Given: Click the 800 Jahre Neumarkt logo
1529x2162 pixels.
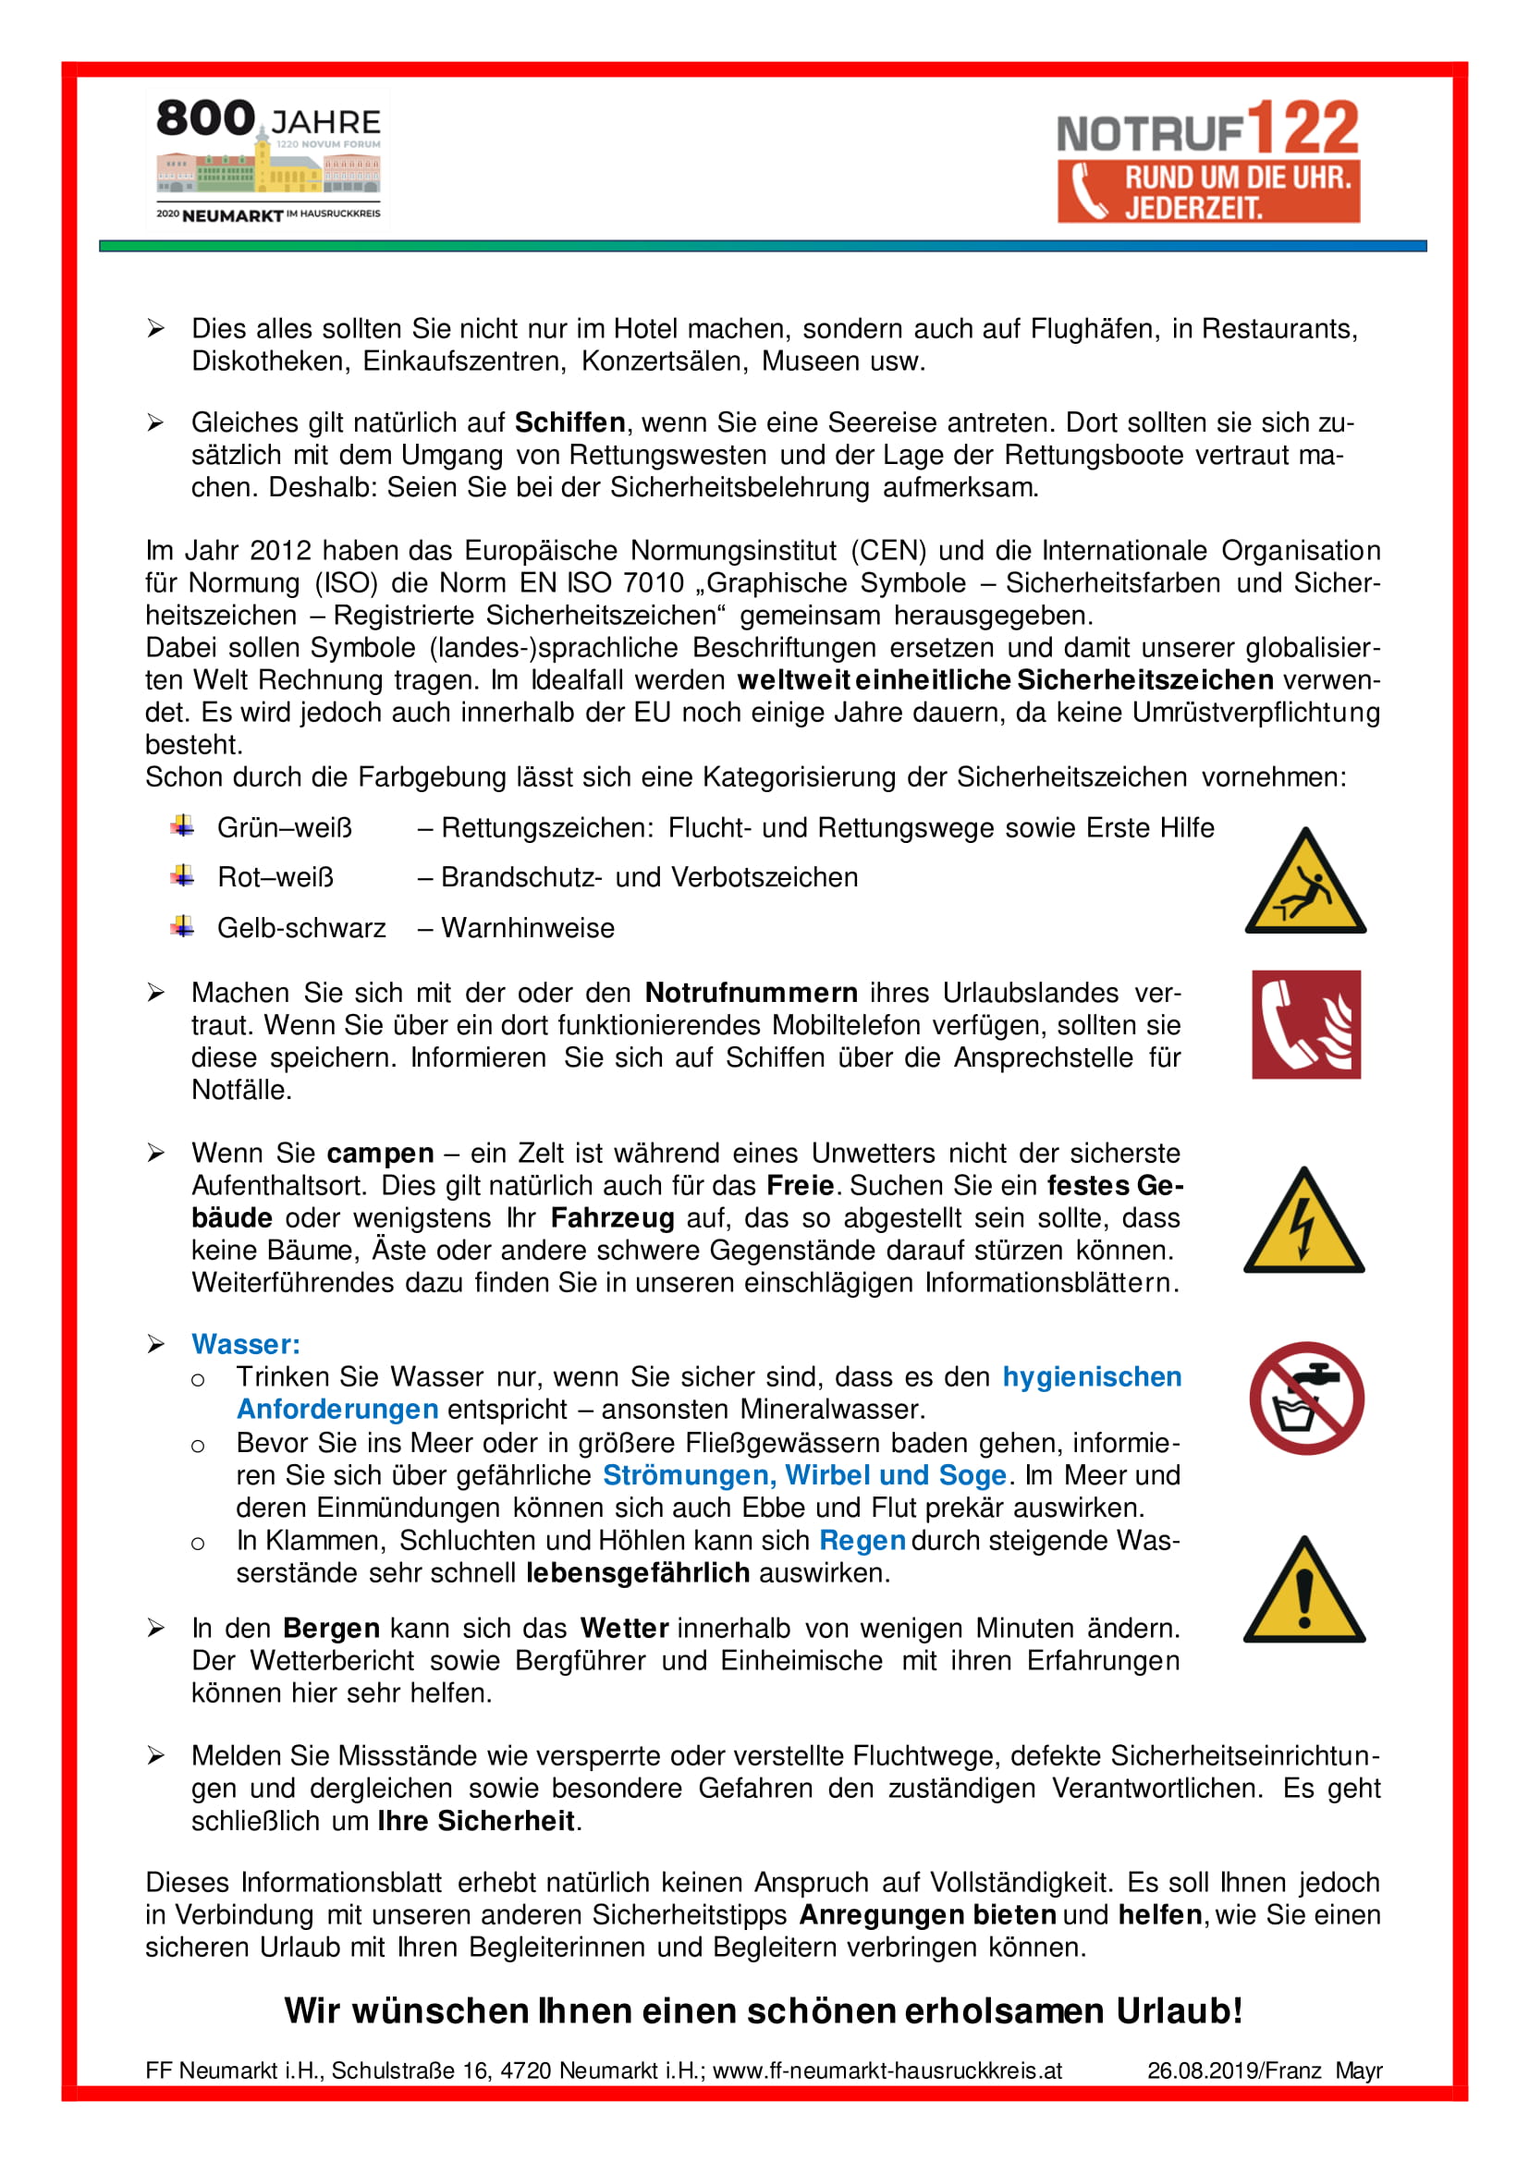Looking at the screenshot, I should tap(268, 160).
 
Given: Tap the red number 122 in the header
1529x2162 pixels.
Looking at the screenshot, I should tap(1303, 129).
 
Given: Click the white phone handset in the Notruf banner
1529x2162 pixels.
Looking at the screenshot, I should tap(1088, 192).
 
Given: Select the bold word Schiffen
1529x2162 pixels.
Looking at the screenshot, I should tap(569, 422).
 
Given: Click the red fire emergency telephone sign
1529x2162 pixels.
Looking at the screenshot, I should tap(1306, 1024).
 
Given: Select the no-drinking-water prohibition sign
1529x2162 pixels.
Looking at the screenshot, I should tap(1307, 1399).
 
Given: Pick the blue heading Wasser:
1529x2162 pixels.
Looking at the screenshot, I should tap(246, 1345).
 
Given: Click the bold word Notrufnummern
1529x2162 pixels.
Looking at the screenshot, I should tap(752, 993).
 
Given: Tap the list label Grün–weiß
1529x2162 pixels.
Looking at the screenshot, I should tap(285, 827).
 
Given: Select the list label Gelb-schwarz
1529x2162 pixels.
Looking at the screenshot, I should tap(301, 928).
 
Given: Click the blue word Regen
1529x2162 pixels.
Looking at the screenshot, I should tap(862, 1541).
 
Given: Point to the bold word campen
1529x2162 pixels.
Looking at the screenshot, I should tap(380, 1154).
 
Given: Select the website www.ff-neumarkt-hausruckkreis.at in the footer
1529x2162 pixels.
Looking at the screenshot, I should tap(887, 2070).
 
